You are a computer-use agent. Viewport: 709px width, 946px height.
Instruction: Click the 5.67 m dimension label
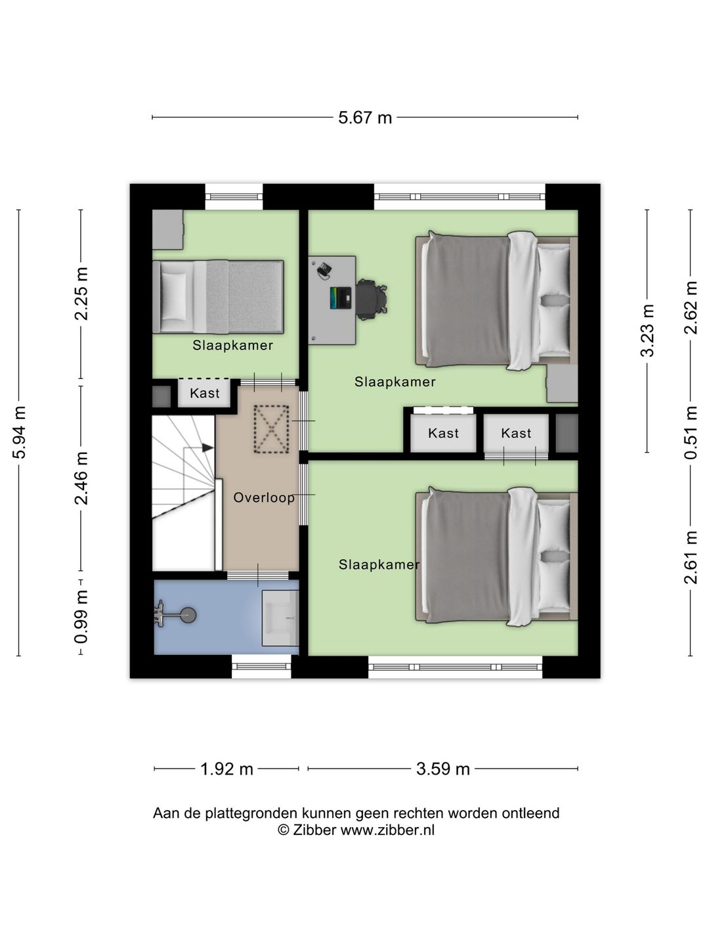pos(364,118)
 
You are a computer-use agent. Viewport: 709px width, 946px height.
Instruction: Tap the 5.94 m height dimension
pos(20,432)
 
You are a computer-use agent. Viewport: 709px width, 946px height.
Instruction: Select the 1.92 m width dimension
pos(226,769)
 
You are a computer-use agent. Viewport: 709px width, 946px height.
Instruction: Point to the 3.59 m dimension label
pos(442,769)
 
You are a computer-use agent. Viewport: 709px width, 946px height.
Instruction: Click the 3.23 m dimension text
pos(647,330)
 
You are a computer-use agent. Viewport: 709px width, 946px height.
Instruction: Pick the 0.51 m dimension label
pos(691,432)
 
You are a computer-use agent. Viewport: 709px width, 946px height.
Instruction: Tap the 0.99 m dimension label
pos(81,617)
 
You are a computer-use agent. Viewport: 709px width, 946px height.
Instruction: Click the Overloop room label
pos(264,498)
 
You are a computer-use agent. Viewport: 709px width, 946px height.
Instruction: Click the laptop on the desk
pos(341,298)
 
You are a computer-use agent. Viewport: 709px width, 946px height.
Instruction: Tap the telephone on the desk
pos(324,269)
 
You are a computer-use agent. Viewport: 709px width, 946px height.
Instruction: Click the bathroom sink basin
pos(280,618)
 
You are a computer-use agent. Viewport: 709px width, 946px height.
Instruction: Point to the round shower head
pos(188,615)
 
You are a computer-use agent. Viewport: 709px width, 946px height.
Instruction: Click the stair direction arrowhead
pos(208,448)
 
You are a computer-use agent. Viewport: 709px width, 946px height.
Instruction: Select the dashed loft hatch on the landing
pos(271,429)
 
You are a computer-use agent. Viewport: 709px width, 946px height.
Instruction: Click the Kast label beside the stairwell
pos(204,393)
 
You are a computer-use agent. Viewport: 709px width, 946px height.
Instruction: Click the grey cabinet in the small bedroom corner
pos(168,230)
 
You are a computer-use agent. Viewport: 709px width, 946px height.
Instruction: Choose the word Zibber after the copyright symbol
pos(314,830)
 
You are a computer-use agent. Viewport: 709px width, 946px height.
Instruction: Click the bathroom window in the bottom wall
pos(261,666)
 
